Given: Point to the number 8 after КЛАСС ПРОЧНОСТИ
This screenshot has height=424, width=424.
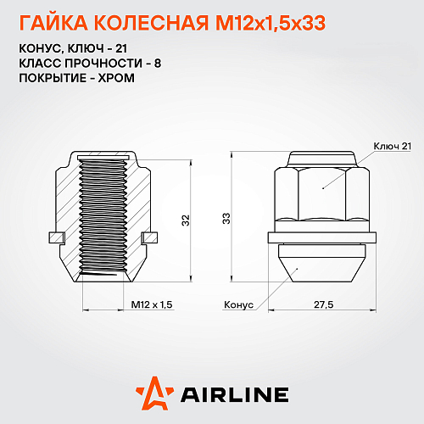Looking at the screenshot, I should point(128,63).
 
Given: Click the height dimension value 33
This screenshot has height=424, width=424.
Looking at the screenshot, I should point(226,219).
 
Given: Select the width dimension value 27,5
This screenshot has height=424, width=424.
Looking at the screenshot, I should point(323,302).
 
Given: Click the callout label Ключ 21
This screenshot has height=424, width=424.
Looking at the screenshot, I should point(391,147).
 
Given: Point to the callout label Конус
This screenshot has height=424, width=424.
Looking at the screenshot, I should point(239,302).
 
